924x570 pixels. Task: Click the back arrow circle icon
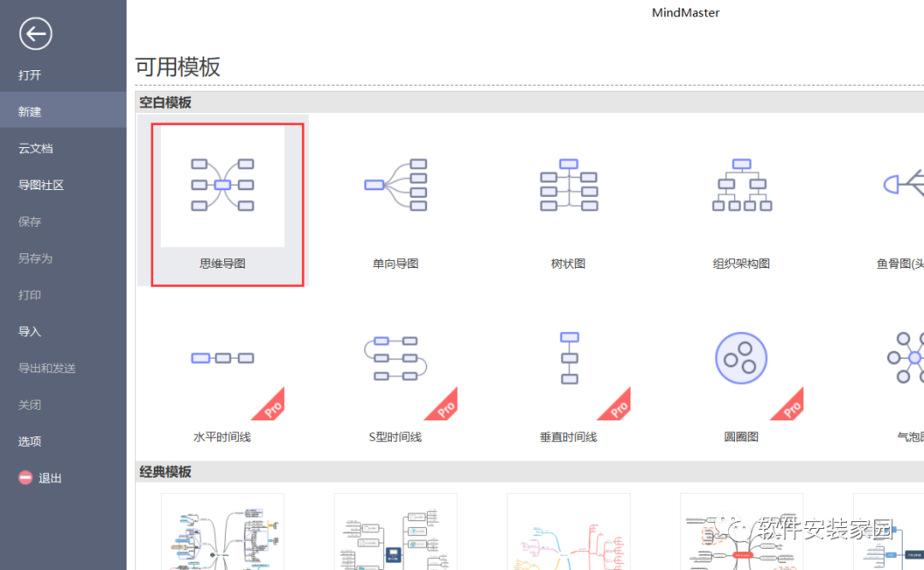36,34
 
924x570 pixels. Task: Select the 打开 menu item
30,75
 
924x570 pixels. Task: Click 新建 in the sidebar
30,112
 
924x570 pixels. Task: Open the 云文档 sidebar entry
36,149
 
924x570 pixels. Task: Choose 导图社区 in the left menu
41,185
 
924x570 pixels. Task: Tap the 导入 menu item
30,332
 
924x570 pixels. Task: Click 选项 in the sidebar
30,442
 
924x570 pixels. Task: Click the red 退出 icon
26,478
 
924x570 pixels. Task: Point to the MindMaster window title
685,13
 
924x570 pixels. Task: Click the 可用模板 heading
178,68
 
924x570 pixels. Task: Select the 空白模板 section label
165,103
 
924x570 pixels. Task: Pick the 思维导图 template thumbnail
222,185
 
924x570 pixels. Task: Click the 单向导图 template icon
395,185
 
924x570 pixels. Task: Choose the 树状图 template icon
568,185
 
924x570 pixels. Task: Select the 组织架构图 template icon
742,185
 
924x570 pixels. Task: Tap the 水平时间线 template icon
222,358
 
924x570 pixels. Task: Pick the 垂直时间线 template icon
569,358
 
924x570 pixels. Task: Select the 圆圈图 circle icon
741,359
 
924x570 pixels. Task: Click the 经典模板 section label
165,472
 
